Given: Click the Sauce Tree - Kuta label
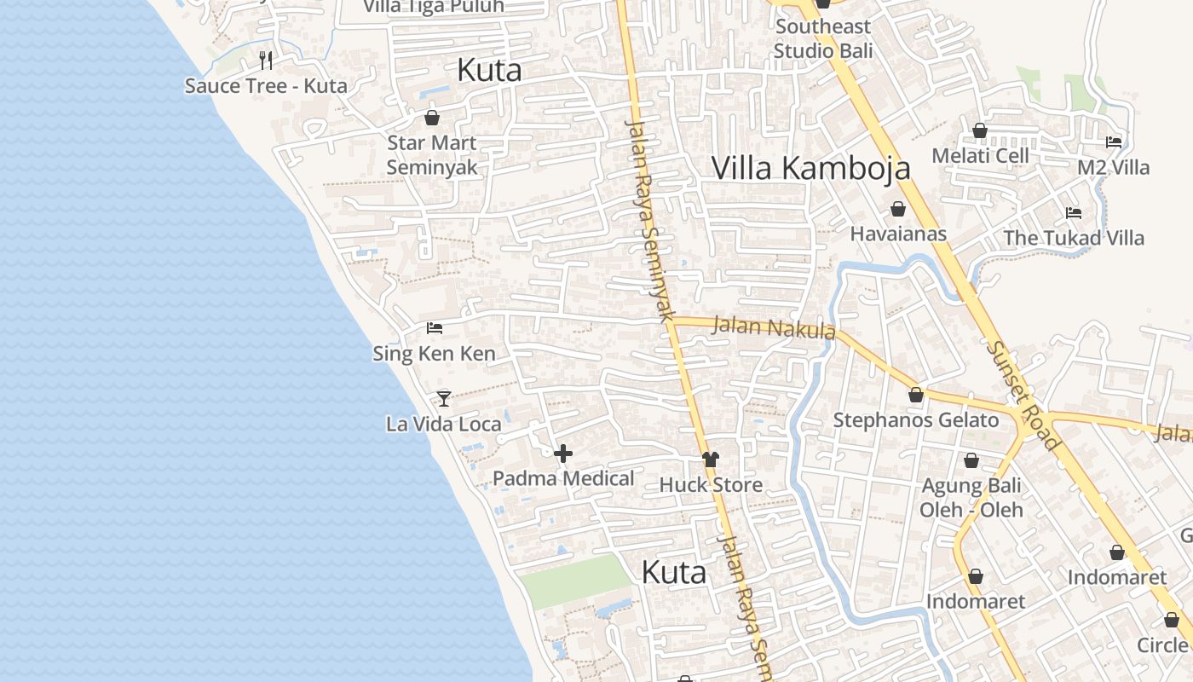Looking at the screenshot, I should pyautogui.click(x=266, y=85).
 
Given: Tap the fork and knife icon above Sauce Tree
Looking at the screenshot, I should pyautogui.click(x=266, y=60).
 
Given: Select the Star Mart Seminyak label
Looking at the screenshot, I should pyautogui.click(x=432, y=154).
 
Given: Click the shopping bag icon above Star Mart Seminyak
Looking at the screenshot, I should pyautogui.click(x=432, y=118).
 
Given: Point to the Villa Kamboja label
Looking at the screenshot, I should pyautogui.click(x=810, y=168).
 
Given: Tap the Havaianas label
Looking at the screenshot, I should pyautogui.click(x=898, y=234).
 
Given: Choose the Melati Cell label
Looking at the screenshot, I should pyautogui.click(x=980, y=156).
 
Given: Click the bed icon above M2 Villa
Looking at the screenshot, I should pyautogui.click(x=1114, y=142).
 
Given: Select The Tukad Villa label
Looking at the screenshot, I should pyautogui.click(x=1073, y=238).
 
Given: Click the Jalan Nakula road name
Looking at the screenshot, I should pyautogui.click(x=773, y=327).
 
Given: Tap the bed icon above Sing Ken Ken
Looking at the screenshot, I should pyautogui.click(x=435, y=328).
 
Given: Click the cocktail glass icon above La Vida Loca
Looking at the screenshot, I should pyautogui.click(x=443, y=398).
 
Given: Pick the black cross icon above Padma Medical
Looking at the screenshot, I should pyautogui.click(x=563, y=454).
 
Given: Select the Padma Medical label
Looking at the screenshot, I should pyautogui.click(x=563, y=478).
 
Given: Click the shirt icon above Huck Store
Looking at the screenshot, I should pyautogui.click(x=711, y=459).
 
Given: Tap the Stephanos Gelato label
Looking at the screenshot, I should pyautogui.click(x=915, y=419).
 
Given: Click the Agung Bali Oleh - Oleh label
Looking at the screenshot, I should pyautogui.click(x=971, y=498).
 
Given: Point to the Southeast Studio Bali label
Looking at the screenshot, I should pyautogui.click(x=823, y=39).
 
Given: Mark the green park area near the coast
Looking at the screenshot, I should pyautogui.click(x=576, y=581).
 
